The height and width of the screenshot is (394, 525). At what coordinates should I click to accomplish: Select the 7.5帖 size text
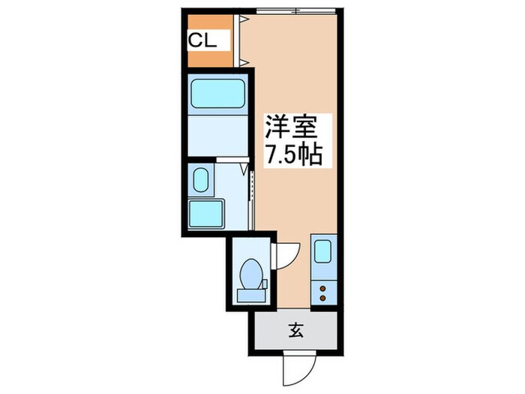pos(292,155)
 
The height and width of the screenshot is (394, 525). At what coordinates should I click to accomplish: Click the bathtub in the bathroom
pos(217,94)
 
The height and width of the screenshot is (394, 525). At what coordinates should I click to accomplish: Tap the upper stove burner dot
pos(324,287)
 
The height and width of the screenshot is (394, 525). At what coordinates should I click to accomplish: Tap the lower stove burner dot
pos(324,298)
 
